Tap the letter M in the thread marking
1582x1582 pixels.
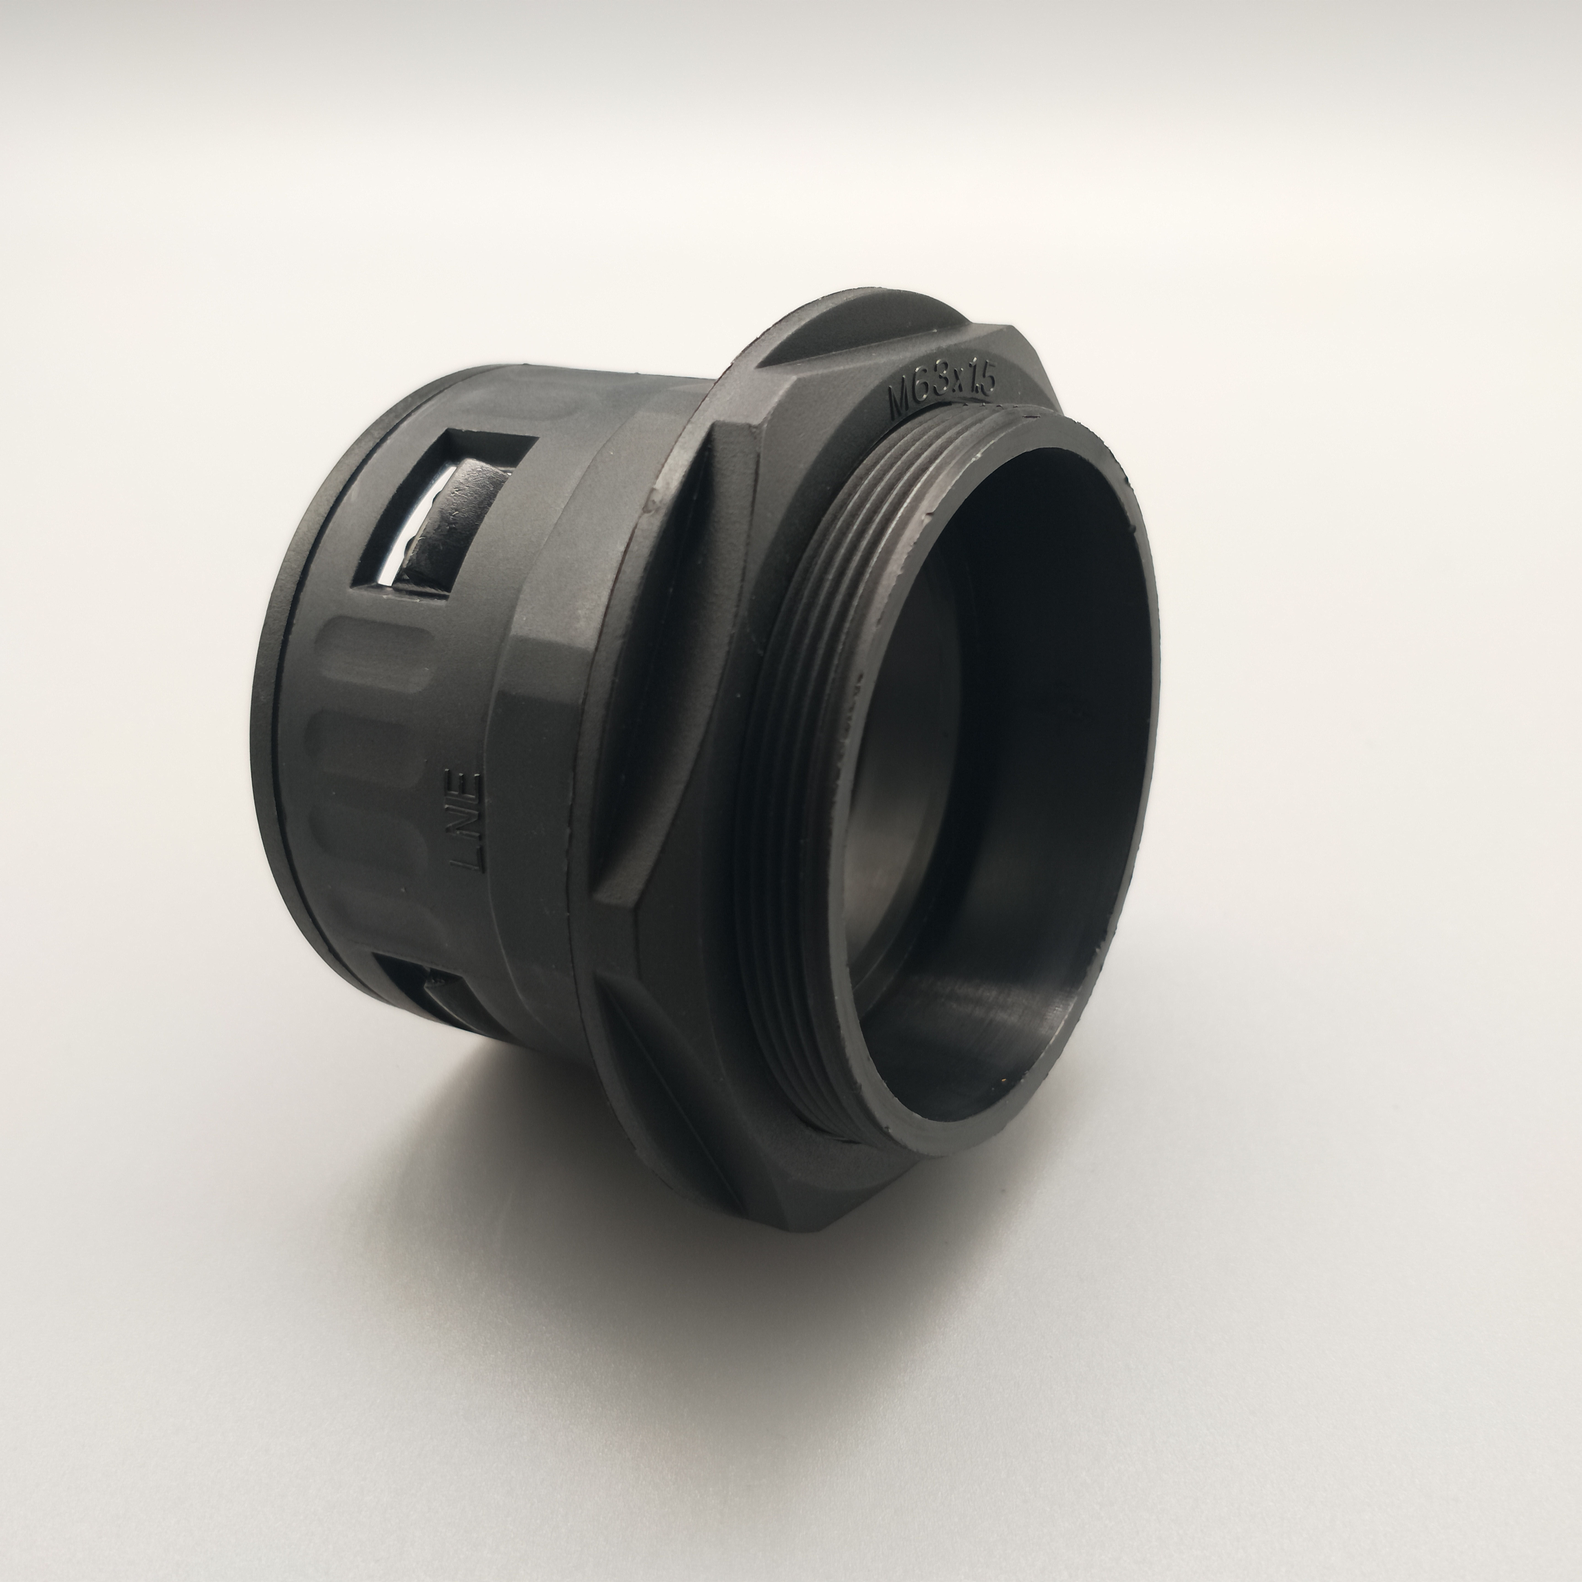tap(901, 403)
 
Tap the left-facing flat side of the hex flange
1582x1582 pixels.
tap(647, 704)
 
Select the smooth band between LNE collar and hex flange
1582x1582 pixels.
tap(540, 737)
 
